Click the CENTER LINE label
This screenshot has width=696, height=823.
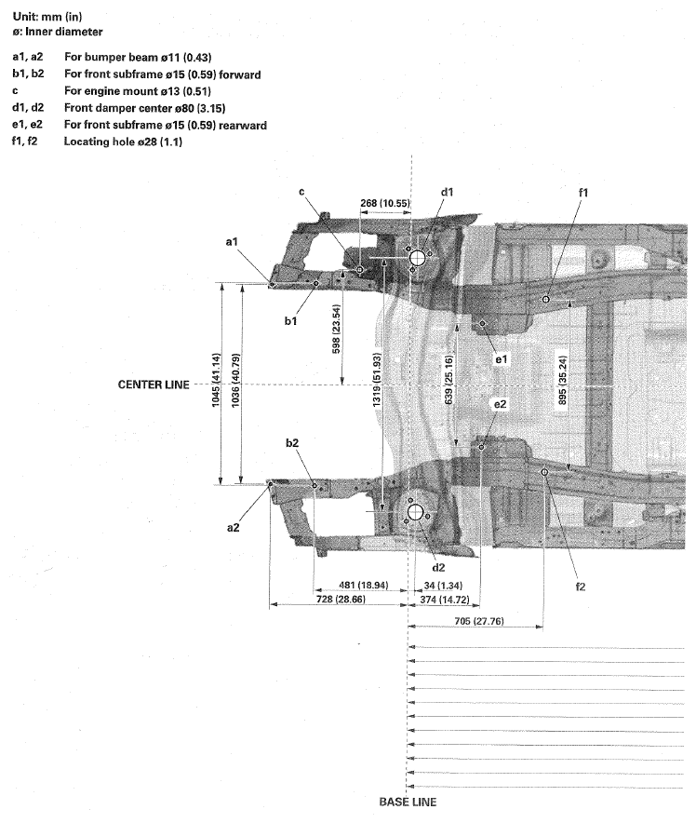click(153, 385)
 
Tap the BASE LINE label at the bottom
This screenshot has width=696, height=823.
click(408, 802)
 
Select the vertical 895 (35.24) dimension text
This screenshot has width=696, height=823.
click(561, 376)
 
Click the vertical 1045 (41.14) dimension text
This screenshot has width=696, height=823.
click(216, 383)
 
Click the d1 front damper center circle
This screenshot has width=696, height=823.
click(416, 258)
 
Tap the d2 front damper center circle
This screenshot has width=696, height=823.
click(415, 511)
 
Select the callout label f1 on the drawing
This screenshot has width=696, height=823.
click(583, 192)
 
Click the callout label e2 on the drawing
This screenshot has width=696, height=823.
click(501, 404)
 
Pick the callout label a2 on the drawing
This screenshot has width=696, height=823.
click(234, 527)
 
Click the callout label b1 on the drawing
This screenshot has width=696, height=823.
click(290, 320)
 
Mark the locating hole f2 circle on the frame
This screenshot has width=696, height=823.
click(544, 473)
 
